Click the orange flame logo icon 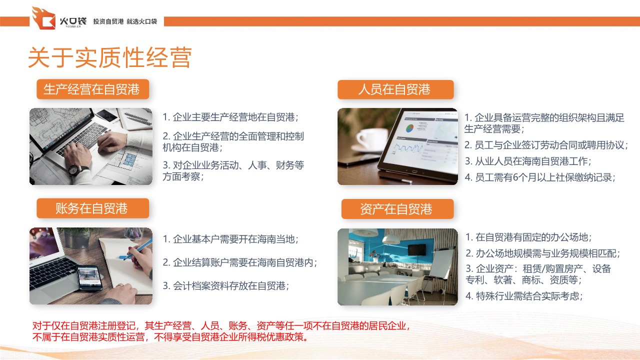point(43,18)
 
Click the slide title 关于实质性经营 point(110,57)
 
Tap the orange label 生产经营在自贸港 point(92,89)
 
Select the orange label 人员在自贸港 point(395,89)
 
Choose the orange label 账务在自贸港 point(92,208)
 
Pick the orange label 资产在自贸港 point(397,209)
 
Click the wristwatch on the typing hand point(75,169)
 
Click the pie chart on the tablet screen point(409,128)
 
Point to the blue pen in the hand point(137,249)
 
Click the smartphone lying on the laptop point(89,277)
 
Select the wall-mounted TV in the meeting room point(417,249)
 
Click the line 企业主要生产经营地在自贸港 point(230,117)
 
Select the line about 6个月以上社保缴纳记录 point(540,177)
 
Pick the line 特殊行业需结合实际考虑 point(524,296)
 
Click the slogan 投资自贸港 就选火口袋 point(125,21)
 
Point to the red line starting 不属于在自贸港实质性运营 point(171,337)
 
